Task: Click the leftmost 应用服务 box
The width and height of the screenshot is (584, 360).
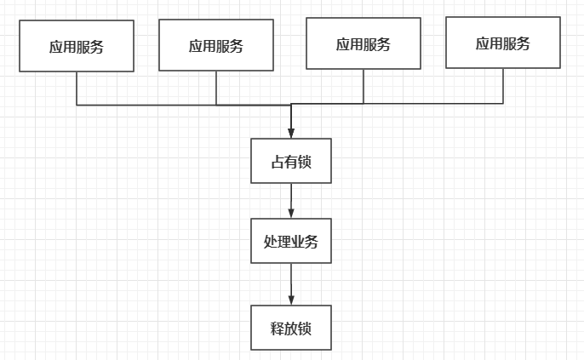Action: pyautogui.click(x=77, y=46)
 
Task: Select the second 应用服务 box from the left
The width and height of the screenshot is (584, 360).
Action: pyautogui.click(x=216, y=45)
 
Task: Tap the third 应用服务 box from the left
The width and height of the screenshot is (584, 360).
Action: pyautogui.click(x=364, y=43)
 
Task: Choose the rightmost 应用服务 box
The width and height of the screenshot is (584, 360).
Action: pyautogui.click(x=503, y=43)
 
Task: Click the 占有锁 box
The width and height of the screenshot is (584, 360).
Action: pyautogui.click(x=291, y=161)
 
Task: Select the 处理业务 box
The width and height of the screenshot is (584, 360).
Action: pyautogui.click(x=291, y=241)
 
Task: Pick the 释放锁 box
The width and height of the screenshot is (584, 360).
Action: pyautogui.click(x=291, y=328)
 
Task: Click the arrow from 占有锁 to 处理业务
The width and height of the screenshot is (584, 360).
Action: pyautogui.click(x=291, y=200)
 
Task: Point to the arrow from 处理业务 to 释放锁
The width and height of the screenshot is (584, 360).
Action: pyautogui.click(x=291, y=283)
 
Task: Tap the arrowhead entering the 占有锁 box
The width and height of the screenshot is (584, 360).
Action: pyautogui.click(x=291, y=133)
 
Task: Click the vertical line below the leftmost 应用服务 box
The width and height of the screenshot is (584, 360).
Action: pyautogui.click(x=77, y=88)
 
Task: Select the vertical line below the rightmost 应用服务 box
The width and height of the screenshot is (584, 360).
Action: pyautogui.click(x=503, y=85)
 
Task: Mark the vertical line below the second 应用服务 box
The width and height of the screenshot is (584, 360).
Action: pyautogui.click(x=216, y=87)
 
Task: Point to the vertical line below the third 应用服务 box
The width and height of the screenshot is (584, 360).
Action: pyautogui.click(x=364, y=86)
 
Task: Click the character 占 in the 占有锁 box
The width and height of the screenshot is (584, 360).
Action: pyautogui.click(x=278, y=162)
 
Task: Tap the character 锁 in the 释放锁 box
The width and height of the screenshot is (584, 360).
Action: pyautogui.click(x=305, y=329)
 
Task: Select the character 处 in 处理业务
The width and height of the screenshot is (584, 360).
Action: pyautogui.click(x=271, y=242)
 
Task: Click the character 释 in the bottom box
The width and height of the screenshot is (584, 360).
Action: pyautogui.click(x=278, y=329)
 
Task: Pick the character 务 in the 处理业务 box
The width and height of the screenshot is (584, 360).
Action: pyautogui.click(x=312, y=242)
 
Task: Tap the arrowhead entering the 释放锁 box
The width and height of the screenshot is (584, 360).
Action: pyautogui.click(x=291, y=300)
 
